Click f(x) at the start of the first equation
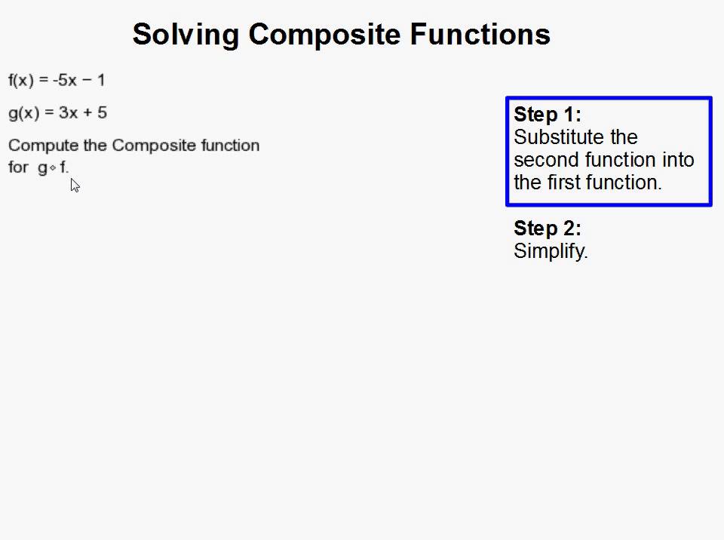22,80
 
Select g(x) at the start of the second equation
23,113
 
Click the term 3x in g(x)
68,113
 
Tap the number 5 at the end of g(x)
102,113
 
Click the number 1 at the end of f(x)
100,80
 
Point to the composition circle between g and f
53,169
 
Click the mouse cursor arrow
75,185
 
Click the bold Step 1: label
548,115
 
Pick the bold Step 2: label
548,229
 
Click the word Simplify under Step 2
551,252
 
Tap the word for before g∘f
18,167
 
